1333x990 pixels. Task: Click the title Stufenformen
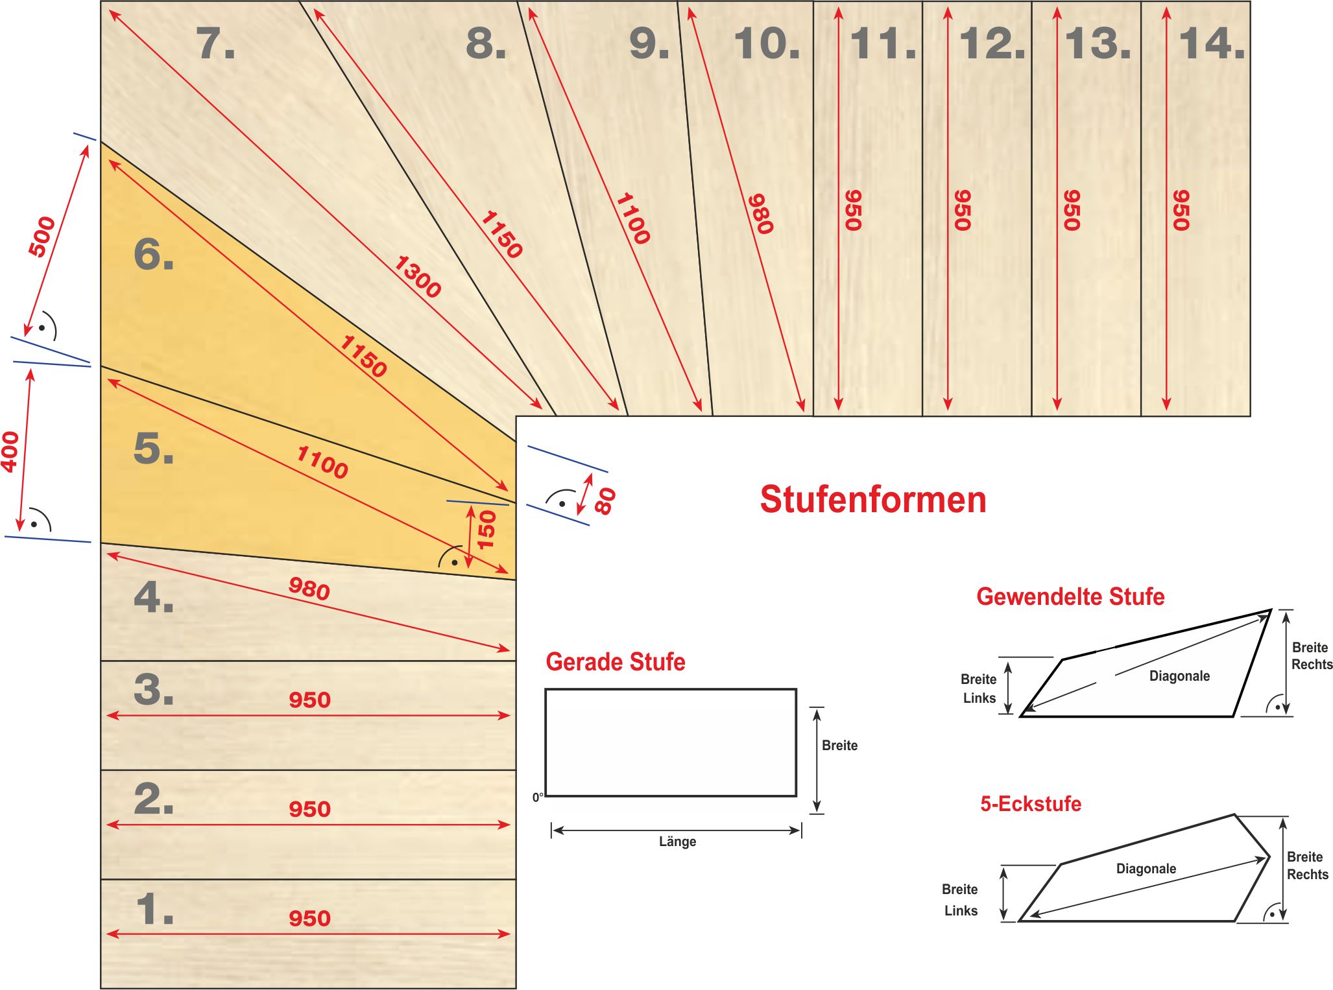tap(873, 500)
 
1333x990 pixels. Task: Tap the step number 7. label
tap(215, 43)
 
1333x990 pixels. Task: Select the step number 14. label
tap(1212, 43)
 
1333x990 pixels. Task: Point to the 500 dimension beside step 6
tap(42, 237)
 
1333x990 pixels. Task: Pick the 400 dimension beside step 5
tap(10, 452)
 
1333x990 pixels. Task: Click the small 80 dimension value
tap(605, 501)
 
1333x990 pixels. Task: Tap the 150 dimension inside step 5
tap(486, 530)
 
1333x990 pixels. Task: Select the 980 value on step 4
tap(309, 589)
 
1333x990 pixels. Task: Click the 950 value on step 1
tap(310, 918)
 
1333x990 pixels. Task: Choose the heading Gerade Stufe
tap(616, 662)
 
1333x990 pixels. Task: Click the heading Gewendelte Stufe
tap(1070, 596)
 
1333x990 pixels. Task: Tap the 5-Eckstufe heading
tap(1031, 804)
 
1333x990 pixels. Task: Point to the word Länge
tap(678, 842)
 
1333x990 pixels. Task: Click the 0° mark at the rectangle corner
tap(538, 797)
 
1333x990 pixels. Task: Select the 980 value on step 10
tap(761, 214)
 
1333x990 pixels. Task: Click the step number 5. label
tap(154, 448)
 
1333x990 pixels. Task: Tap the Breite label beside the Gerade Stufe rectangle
tap(840, 746)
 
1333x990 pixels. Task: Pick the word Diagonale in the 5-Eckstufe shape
tap(1146, 869)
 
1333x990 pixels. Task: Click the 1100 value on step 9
tap(632, 218)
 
